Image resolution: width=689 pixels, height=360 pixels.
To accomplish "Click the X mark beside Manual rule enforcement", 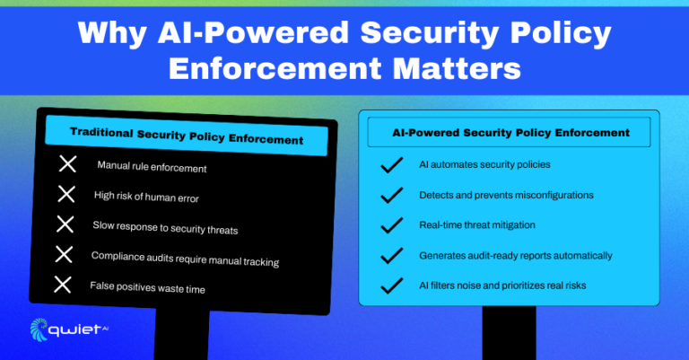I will click(66, 164).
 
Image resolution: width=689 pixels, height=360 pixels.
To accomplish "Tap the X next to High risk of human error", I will click(66, 194).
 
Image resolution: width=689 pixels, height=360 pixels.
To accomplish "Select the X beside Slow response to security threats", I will click(65, 224).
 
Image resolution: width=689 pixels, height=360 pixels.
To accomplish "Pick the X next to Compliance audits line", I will click(64, 254).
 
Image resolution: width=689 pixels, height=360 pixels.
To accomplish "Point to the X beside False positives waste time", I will click(62, 285).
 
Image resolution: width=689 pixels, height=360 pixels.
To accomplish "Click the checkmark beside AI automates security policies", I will click(390, 165).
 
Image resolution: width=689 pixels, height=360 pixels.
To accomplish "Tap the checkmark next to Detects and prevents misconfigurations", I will click(390, 195).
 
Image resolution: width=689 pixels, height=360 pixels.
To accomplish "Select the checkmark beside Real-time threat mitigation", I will click(390, 225).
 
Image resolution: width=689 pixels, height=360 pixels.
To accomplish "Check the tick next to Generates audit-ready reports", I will click(390, 256).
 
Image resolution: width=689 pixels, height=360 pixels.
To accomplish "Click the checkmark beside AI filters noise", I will click(390, 286).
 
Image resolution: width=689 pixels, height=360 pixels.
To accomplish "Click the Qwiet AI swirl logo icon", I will click(41, 329).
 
